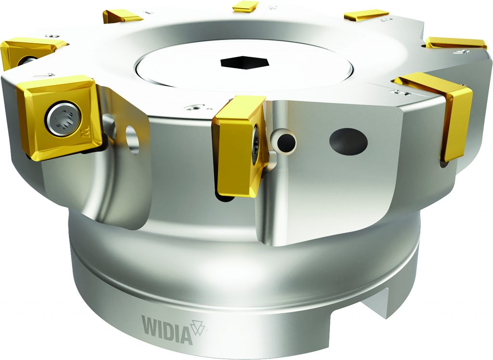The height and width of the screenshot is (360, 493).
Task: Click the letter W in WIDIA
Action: pos(149,324)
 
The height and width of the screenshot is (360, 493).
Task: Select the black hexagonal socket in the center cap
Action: pos(239,63)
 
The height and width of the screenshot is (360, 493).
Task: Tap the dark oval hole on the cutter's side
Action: pos(348,141)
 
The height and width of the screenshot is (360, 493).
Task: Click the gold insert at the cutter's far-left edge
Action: pos(24,53)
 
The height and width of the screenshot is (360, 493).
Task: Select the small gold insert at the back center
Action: pos(245,6)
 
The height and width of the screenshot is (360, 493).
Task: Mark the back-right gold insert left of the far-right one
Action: pos(366,15)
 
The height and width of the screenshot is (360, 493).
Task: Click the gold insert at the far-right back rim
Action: pos(455,43)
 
